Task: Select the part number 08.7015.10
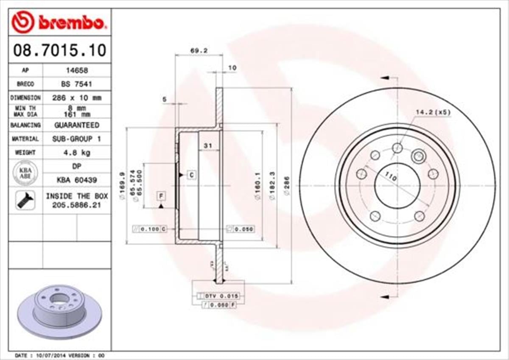click(59, 51)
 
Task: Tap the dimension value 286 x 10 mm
click(76, 98)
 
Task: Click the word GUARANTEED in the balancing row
click(76, 125)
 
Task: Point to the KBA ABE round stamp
click(25, 173)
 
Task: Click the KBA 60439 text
click(76, 180)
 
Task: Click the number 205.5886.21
click(76, 205)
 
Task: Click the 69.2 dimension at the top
click(199, 50)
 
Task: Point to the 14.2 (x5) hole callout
click(433, 112)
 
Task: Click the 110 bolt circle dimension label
click(391, 177)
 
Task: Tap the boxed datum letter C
click(191, 175)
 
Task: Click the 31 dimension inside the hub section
click(208, 146)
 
